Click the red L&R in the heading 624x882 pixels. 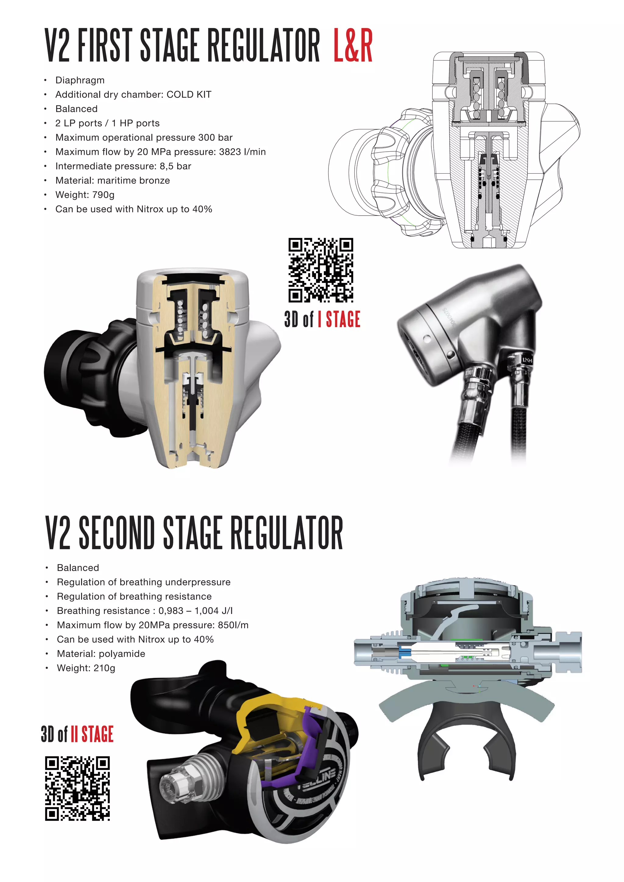coord(353,45)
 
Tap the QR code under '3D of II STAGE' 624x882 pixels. coord(77,788)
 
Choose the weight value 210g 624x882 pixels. coord(104,668)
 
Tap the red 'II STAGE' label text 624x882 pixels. coord(92,734)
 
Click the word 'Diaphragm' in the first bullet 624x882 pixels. coord(80,80)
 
